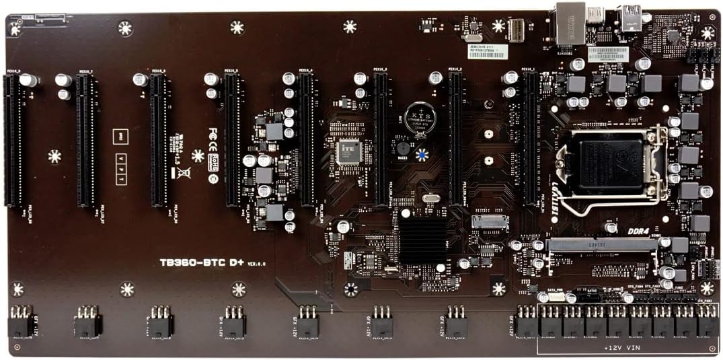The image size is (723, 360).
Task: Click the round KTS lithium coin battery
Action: tap(420, 118)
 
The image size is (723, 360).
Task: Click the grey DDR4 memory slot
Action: tap(603, 245)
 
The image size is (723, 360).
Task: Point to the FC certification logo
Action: tap(214, 133)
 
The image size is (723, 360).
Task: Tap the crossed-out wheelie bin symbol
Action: tap(183, 172)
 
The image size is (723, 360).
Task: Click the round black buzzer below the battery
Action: tap(403, 148)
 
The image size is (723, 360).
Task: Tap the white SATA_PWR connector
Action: tap(556, 297)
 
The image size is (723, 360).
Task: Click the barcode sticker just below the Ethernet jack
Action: tap(486, 51)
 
